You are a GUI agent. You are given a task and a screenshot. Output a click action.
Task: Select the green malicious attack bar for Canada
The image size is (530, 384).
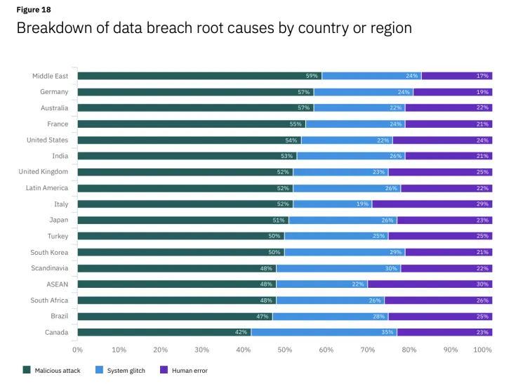164,332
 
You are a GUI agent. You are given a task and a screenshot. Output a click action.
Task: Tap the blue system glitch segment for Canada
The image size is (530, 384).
324,332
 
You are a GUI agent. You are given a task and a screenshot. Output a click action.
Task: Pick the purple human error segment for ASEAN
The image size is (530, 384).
430,284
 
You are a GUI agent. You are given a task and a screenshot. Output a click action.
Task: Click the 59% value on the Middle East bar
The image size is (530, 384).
312,76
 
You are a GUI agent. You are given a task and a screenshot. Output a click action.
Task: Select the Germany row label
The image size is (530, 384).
54,92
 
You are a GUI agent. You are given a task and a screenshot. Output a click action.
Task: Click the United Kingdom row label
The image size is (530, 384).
44,172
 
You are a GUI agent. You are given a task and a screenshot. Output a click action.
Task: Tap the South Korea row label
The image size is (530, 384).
49,252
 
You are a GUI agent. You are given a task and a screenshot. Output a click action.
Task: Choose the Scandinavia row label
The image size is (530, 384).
49,268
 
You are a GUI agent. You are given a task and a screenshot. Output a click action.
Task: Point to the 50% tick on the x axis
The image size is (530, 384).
284,349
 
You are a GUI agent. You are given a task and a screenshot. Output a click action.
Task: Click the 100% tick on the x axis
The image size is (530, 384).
483,349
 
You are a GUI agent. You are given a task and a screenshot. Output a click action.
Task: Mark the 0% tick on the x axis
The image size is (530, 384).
78,349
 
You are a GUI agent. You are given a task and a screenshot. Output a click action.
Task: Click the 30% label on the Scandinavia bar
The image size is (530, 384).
390,268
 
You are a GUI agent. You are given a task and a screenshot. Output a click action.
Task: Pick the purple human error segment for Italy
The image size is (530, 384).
432,204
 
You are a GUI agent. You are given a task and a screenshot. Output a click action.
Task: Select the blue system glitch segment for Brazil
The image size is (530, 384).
330,317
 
